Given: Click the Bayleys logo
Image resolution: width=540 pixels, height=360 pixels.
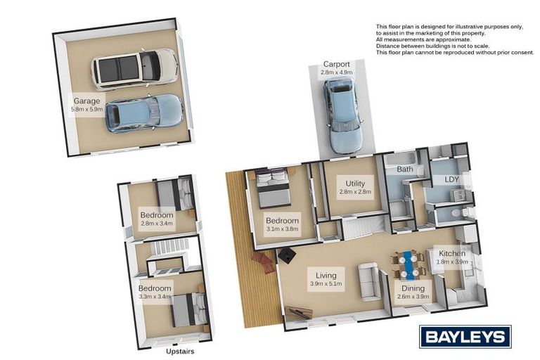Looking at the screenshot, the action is point(465,337).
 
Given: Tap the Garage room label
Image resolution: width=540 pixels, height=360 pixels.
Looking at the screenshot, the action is point(86,101).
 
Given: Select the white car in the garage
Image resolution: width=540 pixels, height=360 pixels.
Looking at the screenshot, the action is point(135,69).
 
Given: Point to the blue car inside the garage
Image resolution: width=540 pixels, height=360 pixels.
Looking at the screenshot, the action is point(144,113).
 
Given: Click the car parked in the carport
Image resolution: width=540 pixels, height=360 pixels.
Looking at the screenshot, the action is point(343,115).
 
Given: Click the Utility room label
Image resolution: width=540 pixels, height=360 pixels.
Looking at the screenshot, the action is point(355,184).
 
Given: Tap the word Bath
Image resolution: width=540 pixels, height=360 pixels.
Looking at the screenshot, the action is point(405,169).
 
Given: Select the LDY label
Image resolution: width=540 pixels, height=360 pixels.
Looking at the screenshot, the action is point(452,179).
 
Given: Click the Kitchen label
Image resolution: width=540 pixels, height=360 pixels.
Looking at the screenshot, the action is point(452,253).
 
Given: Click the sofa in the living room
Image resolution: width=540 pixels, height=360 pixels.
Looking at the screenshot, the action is point(369,281).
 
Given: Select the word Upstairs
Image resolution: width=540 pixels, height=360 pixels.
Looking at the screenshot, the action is point(180,352).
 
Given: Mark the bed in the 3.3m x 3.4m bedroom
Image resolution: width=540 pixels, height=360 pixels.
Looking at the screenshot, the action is point(189,309).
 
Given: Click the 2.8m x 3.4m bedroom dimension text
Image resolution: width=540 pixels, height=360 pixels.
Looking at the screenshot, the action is point(157,223).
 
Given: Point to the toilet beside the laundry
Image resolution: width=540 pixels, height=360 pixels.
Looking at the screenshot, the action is point(461,212).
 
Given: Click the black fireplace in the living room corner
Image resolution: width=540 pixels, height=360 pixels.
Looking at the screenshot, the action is point(287,255).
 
